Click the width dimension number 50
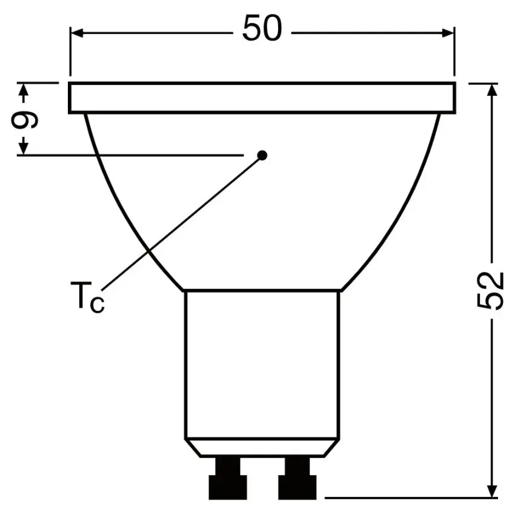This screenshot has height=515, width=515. click(x=262, y=29)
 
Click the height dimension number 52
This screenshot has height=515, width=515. click(x=495, y=291)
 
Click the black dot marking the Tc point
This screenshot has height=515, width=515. click(x=262, y=155)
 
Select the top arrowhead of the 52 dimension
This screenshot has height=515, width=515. click(x=493, y=90)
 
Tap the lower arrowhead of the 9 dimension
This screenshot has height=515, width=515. click(x=24, y=148)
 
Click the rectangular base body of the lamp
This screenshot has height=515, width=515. click(x=262, y=364)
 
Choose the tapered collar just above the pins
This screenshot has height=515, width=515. click(x=262, y=448)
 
